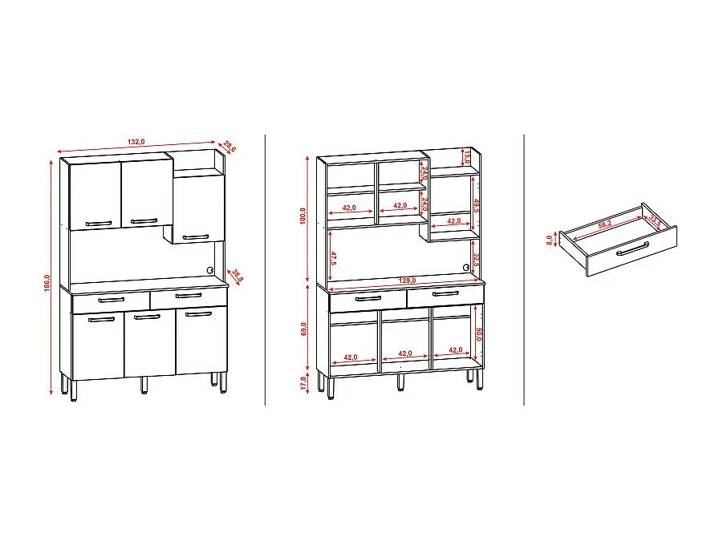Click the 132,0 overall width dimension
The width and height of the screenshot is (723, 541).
click(136, 142)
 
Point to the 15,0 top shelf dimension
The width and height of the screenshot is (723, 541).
click(466, 157)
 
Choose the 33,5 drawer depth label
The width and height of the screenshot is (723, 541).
click(654, 219)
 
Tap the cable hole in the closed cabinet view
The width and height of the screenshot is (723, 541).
click(210, 270)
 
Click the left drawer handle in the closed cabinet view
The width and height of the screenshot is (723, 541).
click(111, 300)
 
